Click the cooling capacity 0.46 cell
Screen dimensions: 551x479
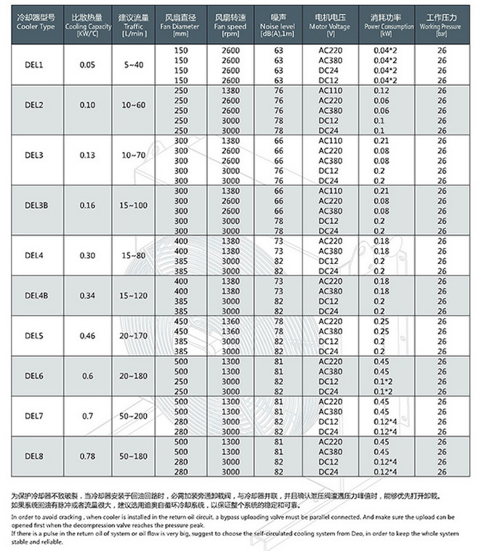click(87, 337)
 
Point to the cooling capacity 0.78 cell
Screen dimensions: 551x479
click(87, 456)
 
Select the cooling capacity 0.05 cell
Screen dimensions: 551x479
click(87, 65)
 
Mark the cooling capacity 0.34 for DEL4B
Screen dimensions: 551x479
click(87, 294)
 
